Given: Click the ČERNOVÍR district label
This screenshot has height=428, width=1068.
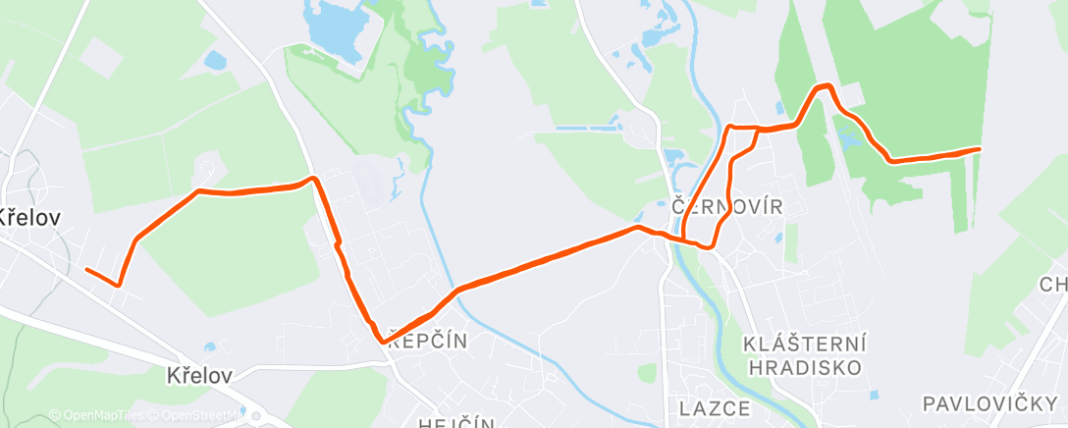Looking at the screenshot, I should click(x=726, y=207).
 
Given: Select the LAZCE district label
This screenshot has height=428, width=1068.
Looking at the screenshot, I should click(x=715, y=407).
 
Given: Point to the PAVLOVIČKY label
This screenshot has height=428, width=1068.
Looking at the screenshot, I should click(x=988, y=403).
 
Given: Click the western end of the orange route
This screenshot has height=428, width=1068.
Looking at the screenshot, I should click(x=87, y=269).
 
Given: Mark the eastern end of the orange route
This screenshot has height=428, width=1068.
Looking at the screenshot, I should click(x=978, y=149).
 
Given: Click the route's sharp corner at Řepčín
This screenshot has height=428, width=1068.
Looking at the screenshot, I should click(x=381, y=340).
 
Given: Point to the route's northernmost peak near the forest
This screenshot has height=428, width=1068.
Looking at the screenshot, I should click(x=823, y=87).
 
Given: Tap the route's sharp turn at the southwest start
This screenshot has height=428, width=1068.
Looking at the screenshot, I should click(x=118, y=285).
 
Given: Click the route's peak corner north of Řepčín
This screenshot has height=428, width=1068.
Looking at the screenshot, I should click(x=312, y=179).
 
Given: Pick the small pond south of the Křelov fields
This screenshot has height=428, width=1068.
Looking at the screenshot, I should click(x=210, y=347).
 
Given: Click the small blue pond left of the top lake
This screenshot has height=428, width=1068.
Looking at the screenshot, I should click(x=214, y=61).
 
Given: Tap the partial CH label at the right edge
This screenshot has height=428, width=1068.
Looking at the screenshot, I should click(x=1054, y=285).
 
